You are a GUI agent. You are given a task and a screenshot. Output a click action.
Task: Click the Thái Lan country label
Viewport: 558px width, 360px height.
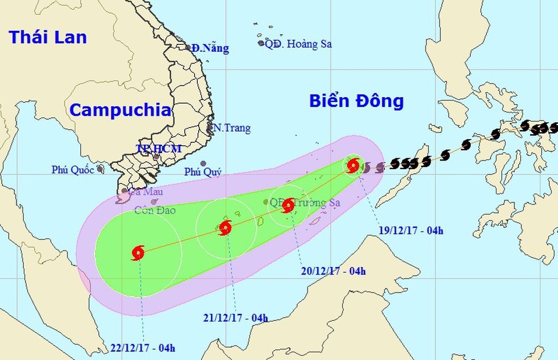[x=48, y=37]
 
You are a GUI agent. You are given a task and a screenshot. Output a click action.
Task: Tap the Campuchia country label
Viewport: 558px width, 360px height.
[x=120, y=110]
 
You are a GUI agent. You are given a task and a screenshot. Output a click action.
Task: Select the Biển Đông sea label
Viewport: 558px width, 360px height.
[x=356, y=101]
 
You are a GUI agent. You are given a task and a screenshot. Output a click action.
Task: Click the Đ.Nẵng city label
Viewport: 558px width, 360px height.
[x=210, y=49]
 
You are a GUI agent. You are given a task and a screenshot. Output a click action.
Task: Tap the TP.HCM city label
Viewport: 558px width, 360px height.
[x=159, y=148]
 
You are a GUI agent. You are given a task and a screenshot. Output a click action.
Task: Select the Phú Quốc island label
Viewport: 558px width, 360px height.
[x=74, y=170]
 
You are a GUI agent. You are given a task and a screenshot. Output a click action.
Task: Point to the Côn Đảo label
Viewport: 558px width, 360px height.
[x=152, y=211]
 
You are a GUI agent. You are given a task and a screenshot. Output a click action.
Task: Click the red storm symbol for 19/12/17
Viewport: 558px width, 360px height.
[x=353, y=166]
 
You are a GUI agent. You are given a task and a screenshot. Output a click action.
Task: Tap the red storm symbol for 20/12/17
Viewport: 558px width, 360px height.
[x=288, y=205]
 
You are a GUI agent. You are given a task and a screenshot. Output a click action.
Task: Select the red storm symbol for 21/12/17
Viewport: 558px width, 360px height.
[x=225, y=227]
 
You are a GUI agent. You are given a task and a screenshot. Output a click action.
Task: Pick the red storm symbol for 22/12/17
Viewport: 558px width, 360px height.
[x=138, y=252]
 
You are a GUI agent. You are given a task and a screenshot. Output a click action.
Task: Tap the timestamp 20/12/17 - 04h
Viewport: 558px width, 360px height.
[x=334, y=270]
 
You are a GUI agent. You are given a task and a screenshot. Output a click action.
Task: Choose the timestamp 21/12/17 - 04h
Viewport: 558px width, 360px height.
[x=235, y=318]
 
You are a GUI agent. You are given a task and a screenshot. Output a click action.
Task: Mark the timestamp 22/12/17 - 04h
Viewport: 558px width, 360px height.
[x=142, y=348]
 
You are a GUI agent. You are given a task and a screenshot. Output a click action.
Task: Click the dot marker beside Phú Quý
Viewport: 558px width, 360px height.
[x=203, y=163]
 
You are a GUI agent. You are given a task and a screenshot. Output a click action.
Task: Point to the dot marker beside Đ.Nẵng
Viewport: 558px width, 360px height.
[x=188, y=48]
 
